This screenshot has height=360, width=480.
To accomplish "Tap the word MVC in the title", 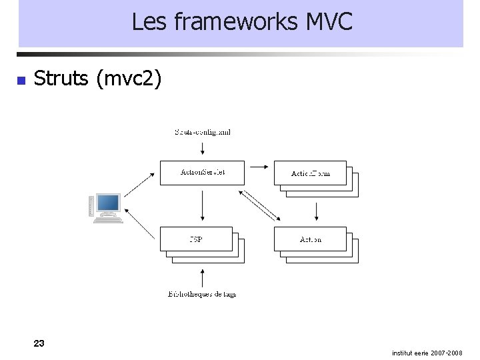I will (x=329, y=22).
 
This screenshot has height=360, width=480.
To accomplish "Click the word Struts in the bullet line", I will (x=61, y=79).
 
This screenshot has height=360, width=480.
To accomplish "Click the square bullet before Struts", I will (x=21, y=81).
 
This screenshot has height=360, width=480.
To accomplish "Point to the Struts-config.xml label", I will (x=203, y=132).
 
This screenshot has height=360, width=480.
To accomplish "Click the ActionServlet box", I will (x=202, y=173).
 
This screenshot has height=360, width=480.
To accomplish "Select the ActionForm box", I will (x=310, y=173).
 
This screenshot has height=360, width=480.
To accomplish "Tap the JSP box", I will (x=196, y=239).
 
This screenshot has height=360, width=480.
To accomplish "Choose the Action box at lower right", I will (x=310, y=239).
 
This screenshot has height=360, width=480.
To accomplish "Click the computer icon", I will (x=107, y=207).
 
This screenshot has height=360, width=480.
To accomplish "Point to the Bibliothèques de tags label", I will (x=202, y=294).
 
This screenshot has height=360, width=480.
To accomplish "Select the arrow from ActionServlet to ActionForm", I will (x=259, y=167).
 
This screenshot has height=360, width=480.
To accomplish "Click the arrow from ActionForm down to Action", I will (x=317, y=211).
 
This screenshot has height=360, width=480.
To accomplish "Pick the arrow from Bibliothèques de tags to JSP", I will (x=202, y=277).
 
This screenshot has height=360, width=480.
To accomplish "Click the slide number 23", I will (x=39, y=343).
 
